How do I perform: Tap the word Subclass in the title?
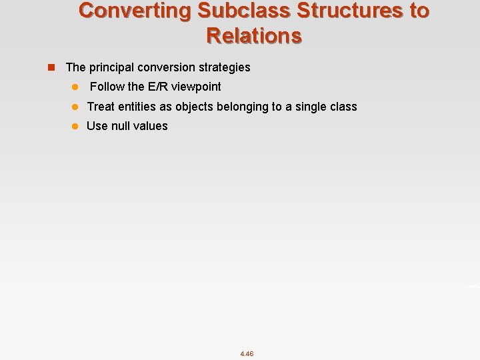tap(229, 11)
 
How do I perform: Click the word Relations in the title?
tap(254, 35)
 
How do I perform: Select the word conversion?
tap(169, 67)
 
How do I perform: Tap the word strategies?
tap(226, 67)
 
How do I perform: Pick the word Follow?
tap(107, 87)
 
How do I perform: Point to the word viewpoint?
tap(196, 87)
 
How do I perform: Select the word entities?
tap(138, 107)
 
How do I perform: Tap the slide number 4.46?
tap(247, 353)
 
